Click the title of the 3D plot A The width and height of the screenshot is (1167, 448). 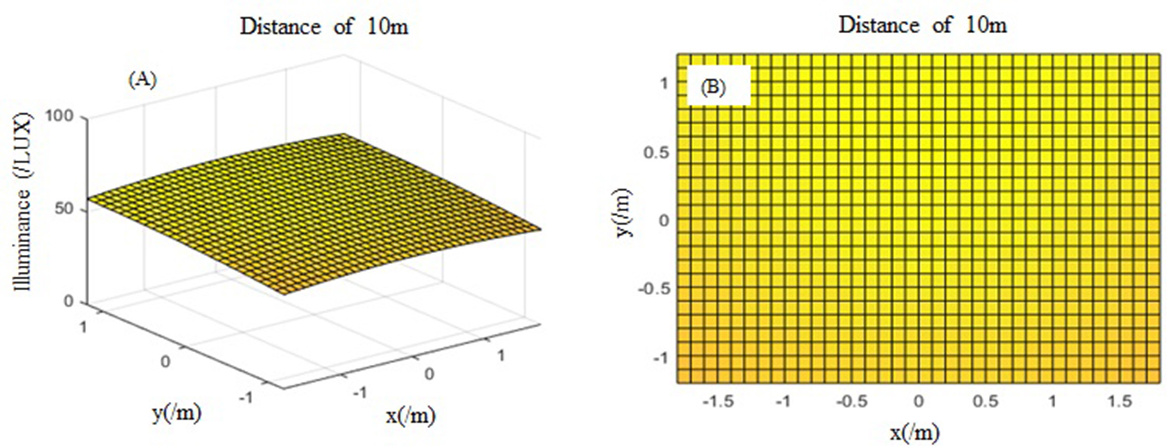click(x=324, y=26)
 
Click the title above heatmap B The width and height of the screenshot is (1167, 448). click(x=922, y=25)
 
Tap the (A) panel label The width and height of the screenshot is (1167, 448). click(x=142, y=80)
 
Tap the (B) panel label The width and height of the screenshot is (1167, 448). click(x=713, y=87)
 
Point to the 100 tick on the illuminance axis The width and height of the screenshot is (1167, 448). click(x=59, y=116)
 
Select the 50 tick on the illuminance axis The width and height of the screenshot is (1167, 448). click(x=64, y=209)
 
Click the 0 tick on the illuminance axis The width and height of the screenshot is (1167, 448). click(x=68, y=301)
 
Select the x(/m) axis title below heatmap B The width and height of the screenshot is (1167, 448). click(x=914, y=433)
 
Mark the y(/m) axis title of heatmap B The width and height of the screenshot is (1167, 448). click(x=623, y=213)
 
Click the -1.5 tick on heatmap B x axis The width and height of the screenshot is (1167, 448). click(x=718, y=401)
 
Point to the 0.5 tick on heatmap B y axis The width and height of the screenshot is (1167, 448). click(x=656, y=152)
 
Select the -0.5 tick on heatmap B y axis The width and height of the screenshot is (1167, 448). click(x=653, y=288)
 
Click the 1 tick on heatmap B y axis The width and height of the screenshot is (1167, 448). click(x=663, y=84)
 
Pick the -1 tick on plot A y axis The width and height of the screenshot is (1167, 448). click(x=246, y=397)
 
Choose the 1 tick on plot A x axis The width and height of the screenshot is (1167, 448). click(x=501, y=355)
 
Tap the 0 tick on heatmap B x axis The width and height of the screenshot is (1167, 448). click(x=919, y=401)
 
